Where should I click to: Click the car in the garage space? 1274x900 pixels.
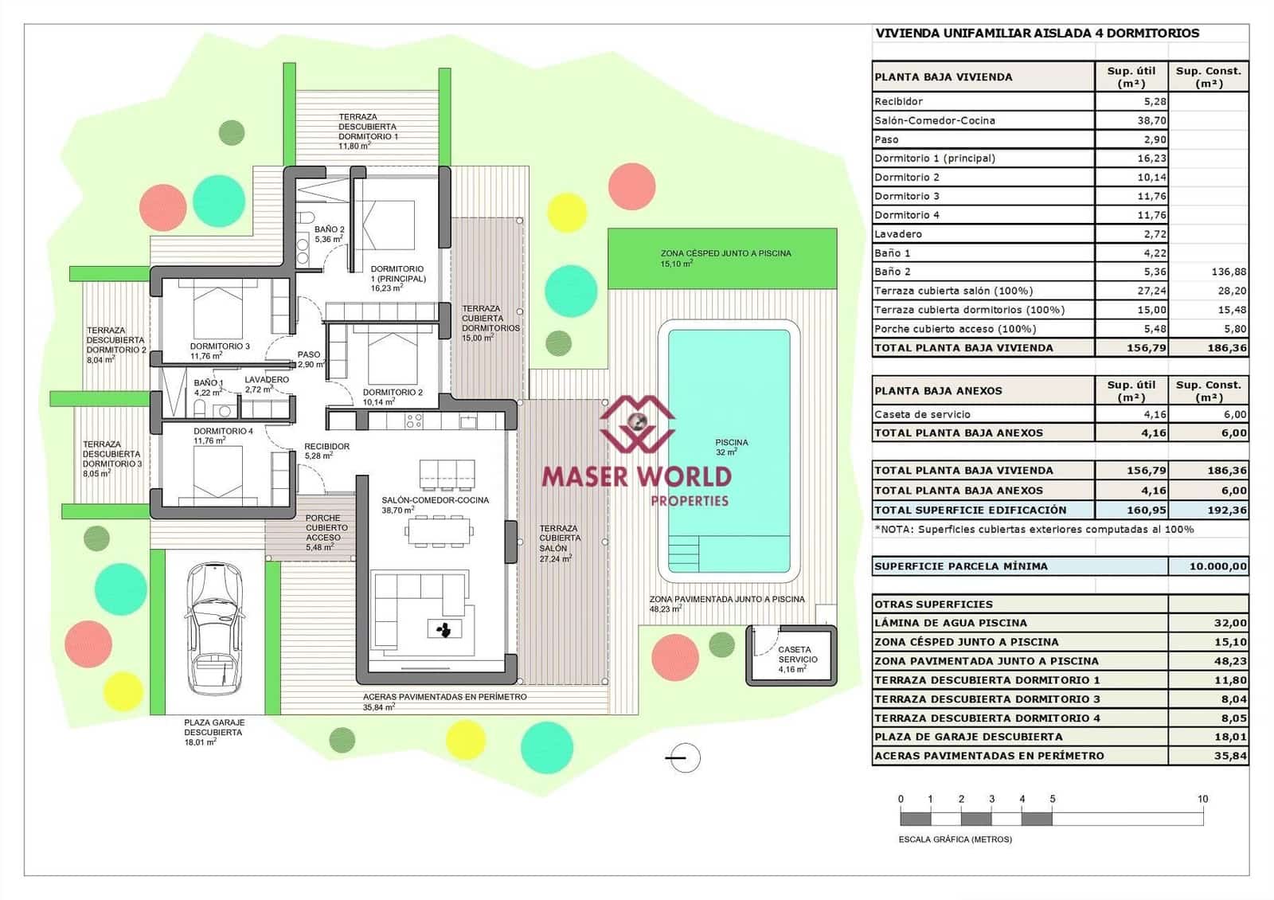pos(213,629)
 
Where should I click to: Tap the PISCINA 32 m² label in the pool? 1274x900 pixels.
pos(731,447)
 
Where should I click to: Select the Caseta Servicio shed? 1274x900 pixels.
pos(791,655)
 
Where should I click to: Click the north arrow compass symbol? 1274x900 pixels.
pos(683,758)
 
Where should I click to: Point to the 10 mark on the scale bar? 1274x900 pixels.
pos(1202,799)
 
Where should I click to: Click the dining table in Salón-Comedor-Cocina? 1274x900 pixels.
pos(439,530)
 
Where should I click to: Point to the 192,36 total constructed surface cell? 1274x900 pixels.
pos(1226,510)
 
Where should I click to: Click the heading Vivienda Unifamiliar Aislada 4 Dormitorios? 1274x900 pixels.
pos(1037,33)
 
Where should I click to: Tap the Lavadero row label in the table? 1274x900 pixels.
pos(898,234)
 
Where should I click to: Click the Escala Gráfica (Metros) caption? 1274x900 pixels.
pos(955,839)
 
